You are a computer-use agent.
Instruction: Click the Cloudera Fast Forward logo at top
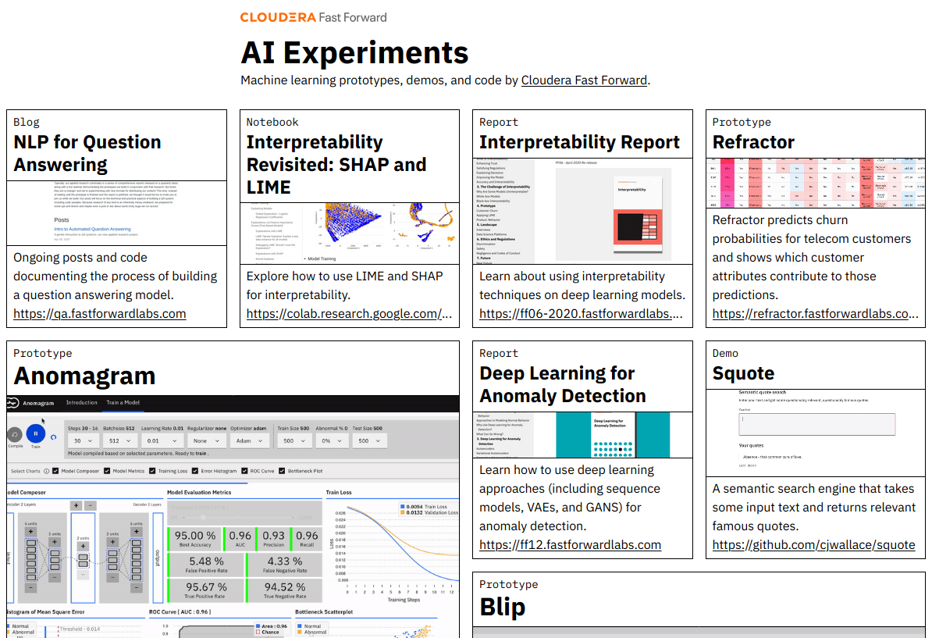tap(313, 17)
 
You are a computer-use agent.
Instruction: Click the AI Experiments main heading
tap(354, 53)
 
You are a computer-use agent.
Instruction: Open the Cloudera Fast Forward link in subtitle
tap(584, 80)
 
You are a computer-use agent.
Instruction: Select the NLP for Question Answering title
tap(87, 153)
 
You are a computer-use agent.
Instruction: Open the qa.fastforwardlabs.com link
tap(100, 314)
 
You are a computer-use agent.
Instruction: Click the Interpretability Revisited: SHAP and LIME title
tap(336, 165)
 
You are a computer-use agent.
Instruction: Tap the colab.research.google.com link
tap(349, 314)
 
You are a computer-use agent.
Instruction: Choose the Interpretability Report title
tap(579, 142)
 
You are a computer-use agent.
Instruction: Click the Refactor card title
tap(753, 142)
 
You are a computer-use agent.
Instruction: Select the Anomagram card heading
tap(84, 376)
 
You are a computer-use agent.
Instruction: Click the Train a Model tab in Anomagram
tap(123, 403)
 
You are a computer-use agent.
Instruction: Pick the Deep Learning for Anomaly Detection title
tap(563, 384)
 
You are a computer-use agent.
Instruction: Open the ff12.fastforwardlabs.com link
tap(570, 545)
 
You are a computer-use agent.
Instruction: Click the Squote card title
tap(743, 373)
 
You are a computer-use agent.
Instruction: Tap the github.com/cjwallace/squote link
tap(813, 545)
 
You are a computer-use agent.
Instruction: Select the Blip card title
tap(502, 607)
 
